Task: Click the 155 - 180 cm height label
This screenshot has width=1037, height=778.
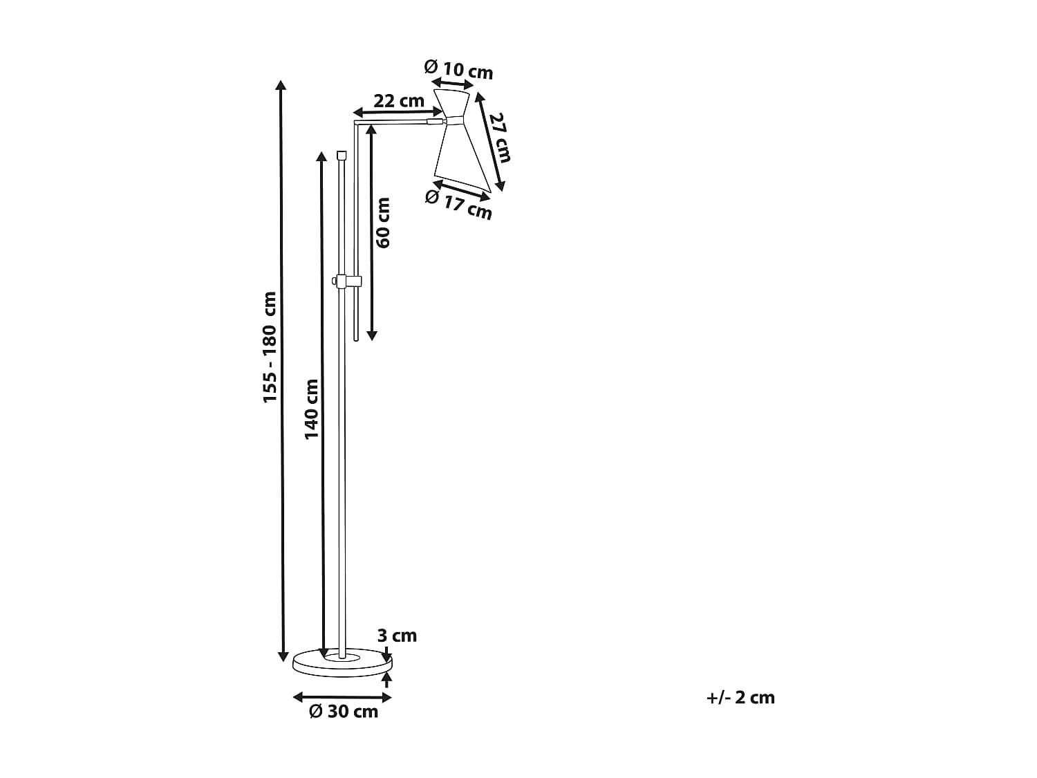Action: pyautogui.click(x=270, y=347)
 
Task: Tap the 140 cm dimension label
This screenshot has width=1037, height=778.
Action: pyautogui.click(x=311, y=409)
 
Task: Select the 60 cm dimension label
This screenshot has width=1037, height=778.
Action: pyautogui.click(x=383, y=223)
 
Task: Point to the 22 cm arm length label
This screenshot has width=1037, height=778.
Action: pyautogui.click(x=399, y=100)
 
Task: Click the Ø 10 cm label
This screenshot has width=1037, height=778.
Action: pyautogui.click(x=458, y=70)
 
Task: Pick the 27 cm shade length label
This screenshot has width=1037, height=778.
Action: pyautogui.click(x=499, y=138)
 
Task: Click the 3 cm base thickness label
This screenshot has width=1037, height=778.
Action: pyautogui.click(x=397, y=636)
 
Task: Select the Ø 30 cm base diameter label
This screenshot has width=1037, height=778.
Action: pyautogui.click(x=344, y=712)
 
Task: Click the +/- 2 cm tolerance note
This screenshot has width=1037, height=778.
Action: pyautogui.click(x=740, y=698)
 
